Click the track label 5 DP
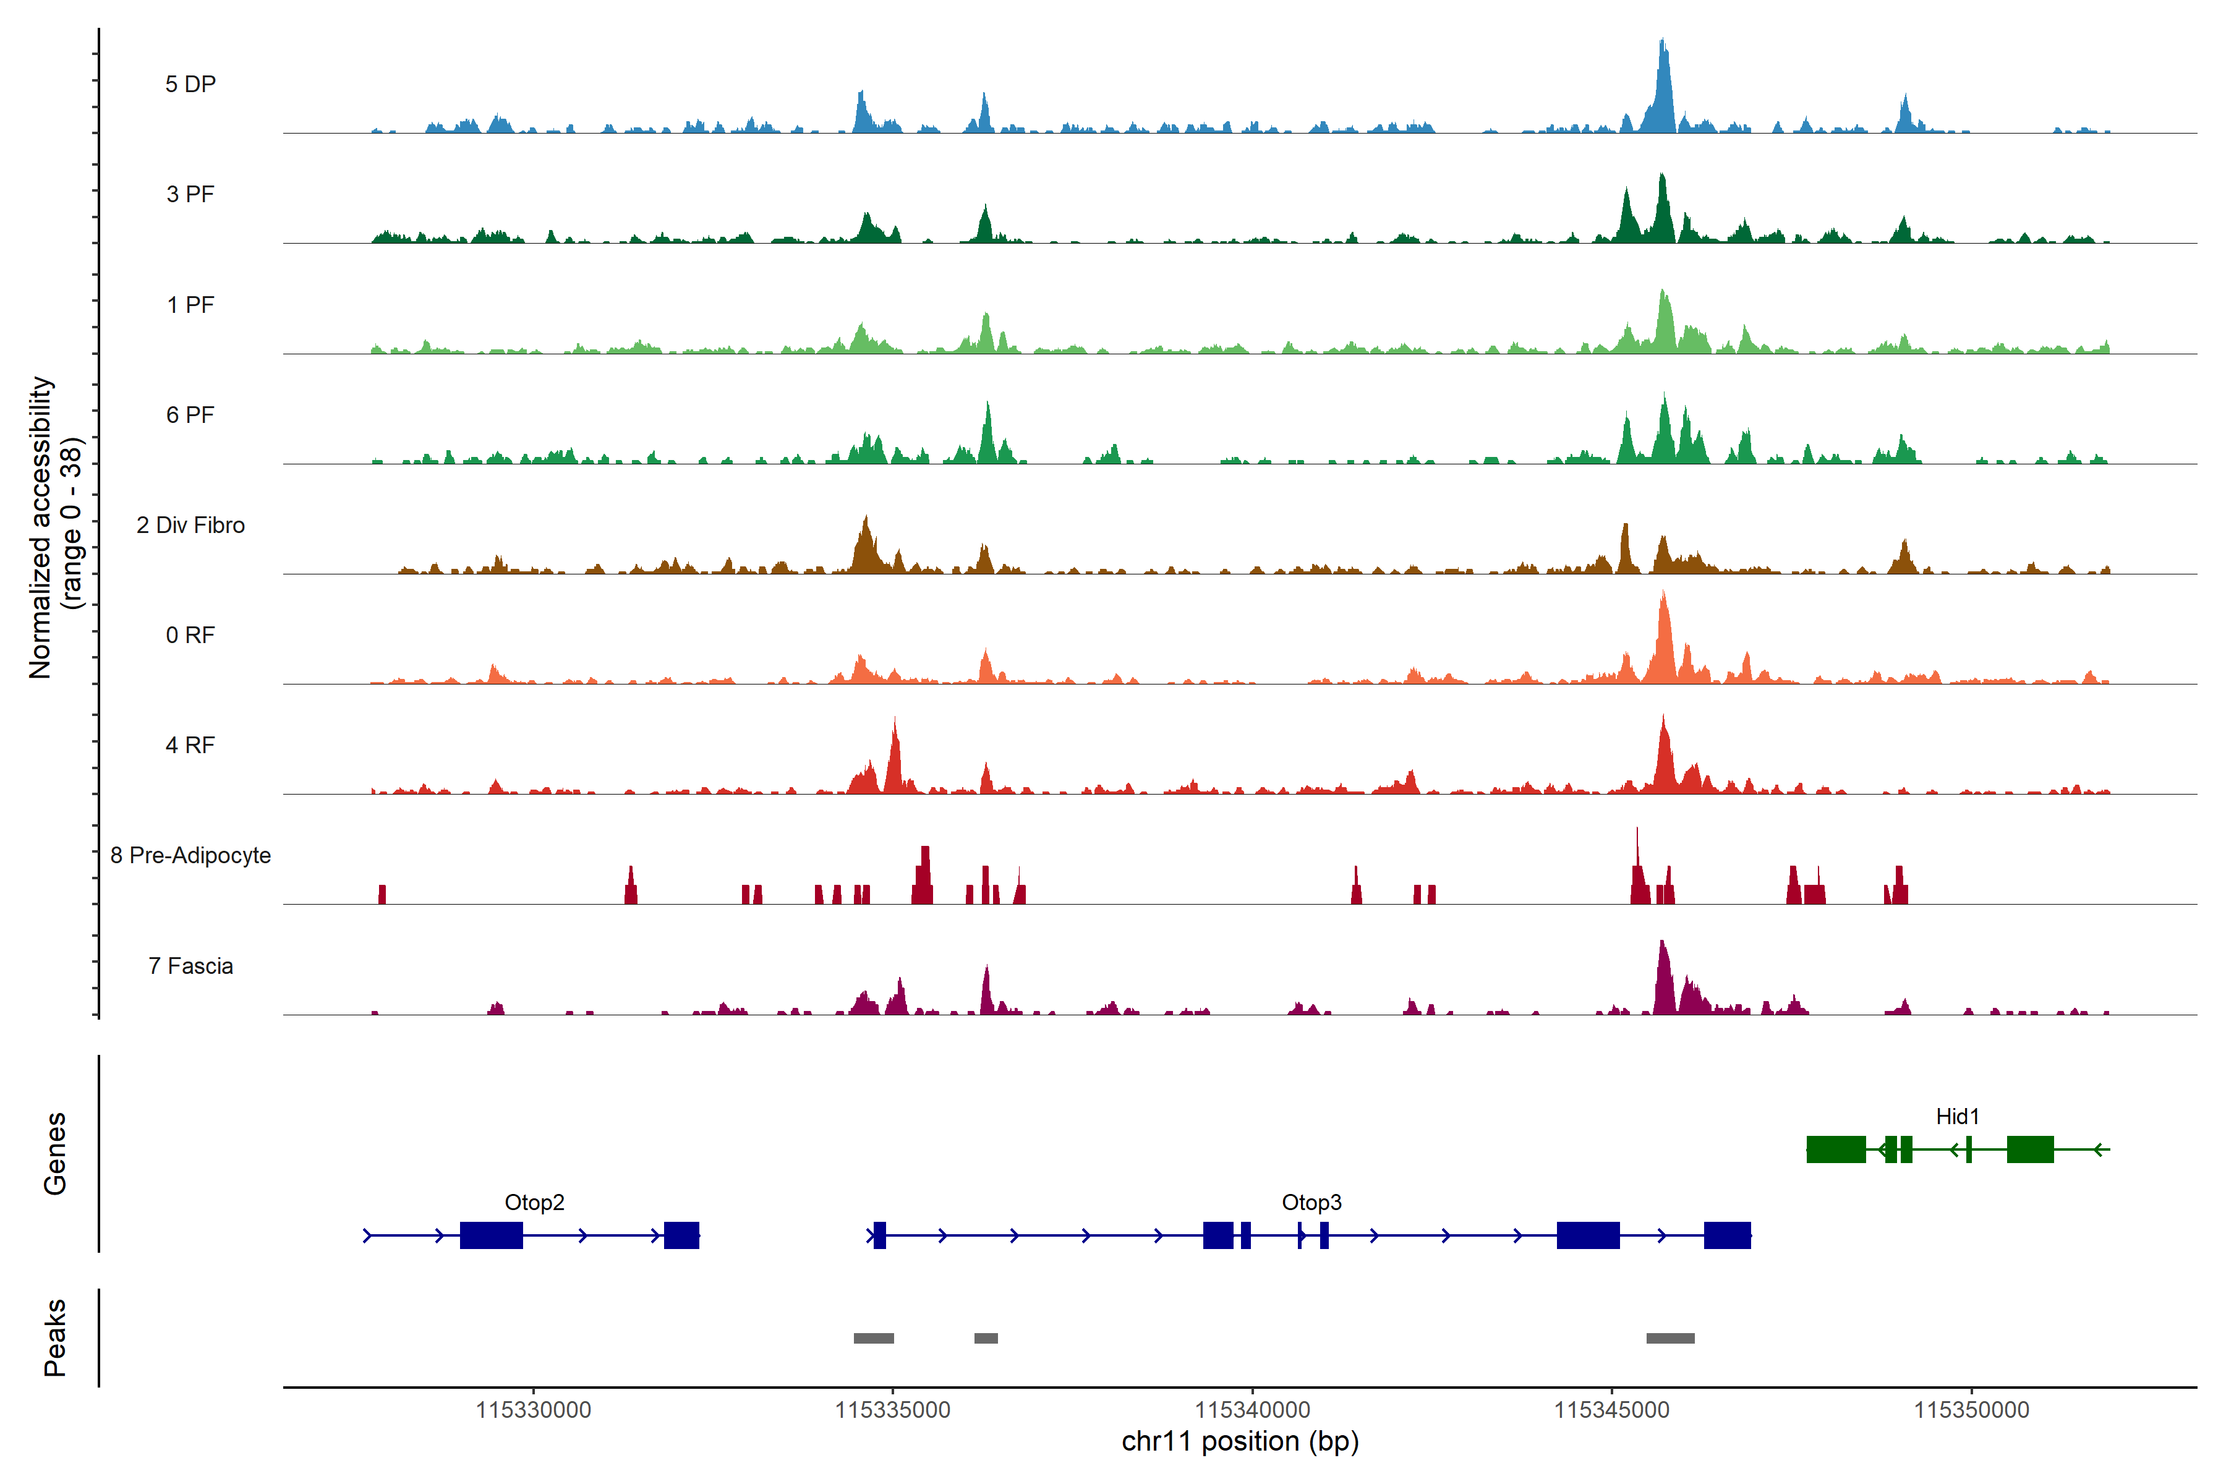190,84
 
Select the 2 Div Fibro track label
190,525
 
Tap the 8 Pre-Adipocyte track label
190,856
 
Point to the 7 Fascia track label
190,966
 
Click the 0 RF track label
190,635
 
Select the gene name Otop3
1311,1202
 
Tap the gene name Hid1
1957,1117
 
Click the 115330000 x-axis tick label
533,1410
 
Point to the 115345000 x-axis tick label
1612,1410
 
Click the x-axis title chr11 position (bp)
1240,1441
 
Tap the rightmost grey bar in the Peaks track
1671,1338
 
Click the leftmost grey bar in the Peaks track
874,1338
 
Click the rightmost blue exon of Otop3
1727,1235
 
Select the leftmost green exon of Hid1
1836,1149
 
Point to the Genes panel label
55,1154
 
